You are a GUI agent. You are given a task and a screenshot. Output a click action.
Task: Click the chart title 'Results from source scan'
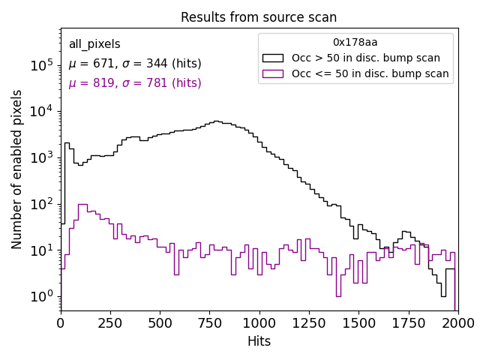point(259,17)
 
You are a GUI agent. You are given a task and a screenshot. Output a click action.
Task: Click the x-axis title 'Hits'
point(259,341)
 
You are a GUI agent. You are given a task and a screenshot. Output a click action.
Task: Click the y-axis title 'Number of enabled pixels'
point(17,169)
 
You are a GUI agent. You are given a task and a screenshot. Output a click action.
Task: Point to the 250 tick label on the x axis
point(110,322)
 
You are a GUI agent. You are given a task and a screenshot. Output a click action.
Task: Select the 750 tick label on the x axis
point(209,322)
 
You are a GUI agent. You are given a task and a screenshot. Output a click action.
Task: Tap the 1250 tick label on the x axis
point(308,322)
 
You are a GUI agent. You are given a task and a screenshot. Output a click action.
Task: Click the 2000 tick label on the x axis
point(457,322)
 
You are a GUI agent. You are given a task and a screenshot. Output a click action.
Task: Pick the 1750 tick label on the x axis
point(408,322)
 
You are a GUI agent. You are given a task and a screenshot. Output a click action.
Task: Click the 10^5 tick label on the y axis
point(41,65)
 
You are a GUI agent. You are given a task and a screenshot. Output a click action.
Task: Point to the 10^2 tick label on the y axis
point(41,204)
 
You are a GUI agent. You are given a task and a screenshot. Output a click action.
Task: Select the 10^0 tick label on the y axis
point(41,296)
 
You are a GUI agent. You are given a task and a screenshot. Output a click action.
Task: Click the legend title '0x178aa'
point(355,43)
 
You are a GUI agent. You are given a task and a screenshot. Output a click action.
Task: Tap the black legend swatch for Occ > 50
point(273,58)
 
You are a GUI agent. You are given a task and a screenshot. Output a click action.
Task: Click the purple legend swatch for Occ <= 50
point(273,73)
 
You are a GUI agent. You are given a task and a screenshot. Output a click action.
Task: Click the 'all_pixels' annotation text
point(94,44)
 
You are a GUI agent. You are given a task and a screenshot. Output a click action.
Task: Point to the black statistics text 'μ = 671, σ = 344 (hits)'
point(135,64)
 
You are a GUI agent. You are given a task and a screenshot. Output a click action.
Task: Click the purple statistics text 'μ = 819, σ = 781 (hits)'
point(135,83)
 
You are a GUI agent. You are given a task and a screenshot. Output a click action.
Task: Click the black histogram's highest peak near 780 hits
point(216,121)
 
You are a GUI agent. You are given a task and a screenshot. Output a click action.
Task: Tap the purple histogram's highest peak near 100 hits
point(82,204)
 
